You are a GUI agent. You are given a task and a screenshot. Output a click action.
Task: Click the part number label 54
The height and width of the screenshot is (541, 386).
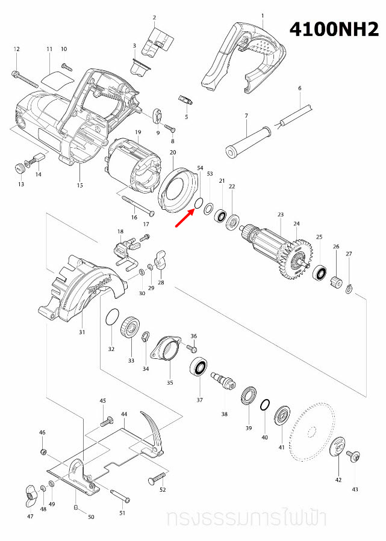coord(200,170)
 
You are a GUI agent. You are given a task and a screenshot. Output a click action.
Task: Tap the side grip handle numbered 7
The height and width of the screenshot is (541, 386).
coord(247,145)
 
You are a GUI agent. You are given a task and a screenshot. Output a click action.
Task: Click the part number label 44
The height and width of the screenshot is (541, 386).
coord(123,415)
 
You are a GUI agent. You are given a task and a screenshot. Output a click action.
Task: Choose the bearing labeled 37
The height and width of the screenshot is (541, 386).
coord(199,366)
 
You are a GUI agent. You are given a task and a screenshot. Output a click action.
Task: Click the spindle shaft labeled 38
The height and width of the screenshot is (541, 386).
coord(223,381)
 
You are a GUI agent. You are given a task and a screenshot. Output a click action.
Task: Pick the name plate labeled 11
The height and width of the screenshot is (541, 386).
coord(55,78)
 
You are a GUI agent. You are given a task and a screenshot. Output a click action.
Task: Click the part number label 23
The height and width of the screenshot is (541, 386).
coord(280,215)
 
